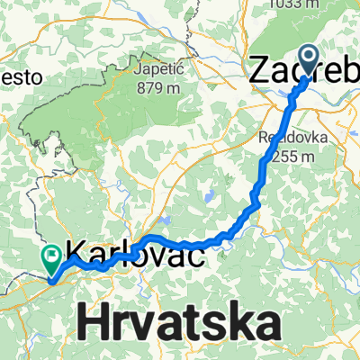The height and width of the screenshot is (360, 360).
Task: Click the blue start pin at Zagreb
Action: tap(309, 61)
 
